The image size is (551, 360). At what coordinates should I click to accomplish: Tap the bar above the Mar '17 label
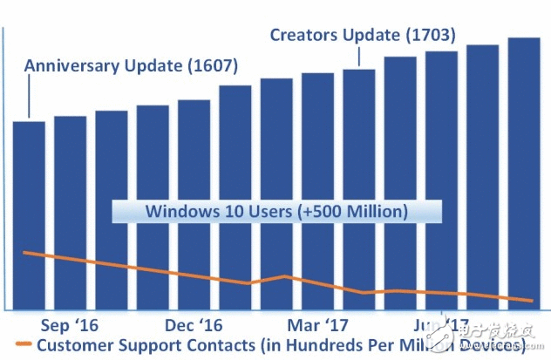point(317,192)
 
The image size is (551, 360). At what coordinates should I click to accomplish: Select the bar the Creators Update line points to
point(358,187)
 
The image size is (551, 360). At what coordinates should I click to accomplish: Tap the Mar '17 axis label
point(323,324)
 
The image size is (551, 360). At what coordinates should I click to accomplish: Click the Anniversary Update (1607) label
point(131,65)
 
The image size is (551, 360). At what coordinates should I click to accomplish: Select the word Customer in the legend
point(74,346)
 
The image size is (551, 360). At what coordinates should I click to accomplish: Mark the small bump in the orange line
point(286,276)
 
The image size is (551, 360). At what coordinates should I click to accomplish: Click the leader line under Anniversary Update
point(29,96)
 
